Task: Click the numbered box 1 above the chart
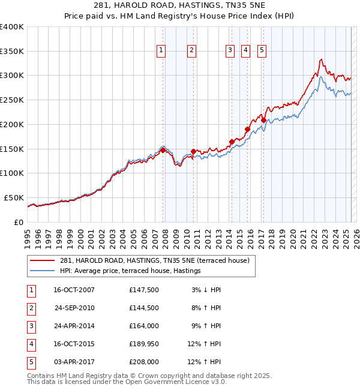coord(162,51)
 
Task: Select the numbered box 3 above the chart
coord(230,51)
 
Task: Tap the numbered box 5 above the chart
coord(262,51)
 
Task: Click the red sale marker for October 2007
coord(163,150)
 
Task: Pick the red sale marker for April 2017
coord(263,120)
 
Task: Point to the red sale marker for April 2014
coord(232,142)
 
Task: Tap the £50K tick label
coord(14,197)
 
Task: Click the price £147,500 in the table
coord(143,290)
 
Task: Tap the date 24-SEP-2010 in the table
coord(74,308)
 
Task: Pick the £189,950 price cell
coord(143,344)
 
